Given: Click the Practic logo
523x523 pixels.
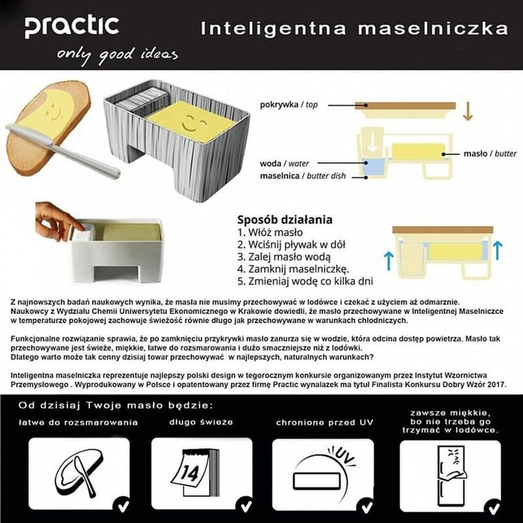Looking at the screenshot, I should [72, 26].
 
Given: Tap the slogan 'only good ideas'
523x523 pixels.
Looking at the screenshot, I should [118, 54].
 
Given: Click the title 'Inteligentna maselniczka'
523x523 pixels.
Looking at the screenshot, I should [354, 28].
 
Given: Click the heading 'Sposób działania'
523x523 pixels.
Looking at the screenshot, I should [284, 220].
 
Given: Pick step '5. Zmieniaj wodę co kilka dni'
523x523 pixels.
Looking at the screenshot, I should [306, 281].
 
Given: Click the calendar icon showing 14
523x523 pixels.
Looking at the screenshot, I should [200, 473].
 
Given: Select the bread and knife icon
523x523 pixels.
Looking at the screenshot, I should [78, 473].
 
